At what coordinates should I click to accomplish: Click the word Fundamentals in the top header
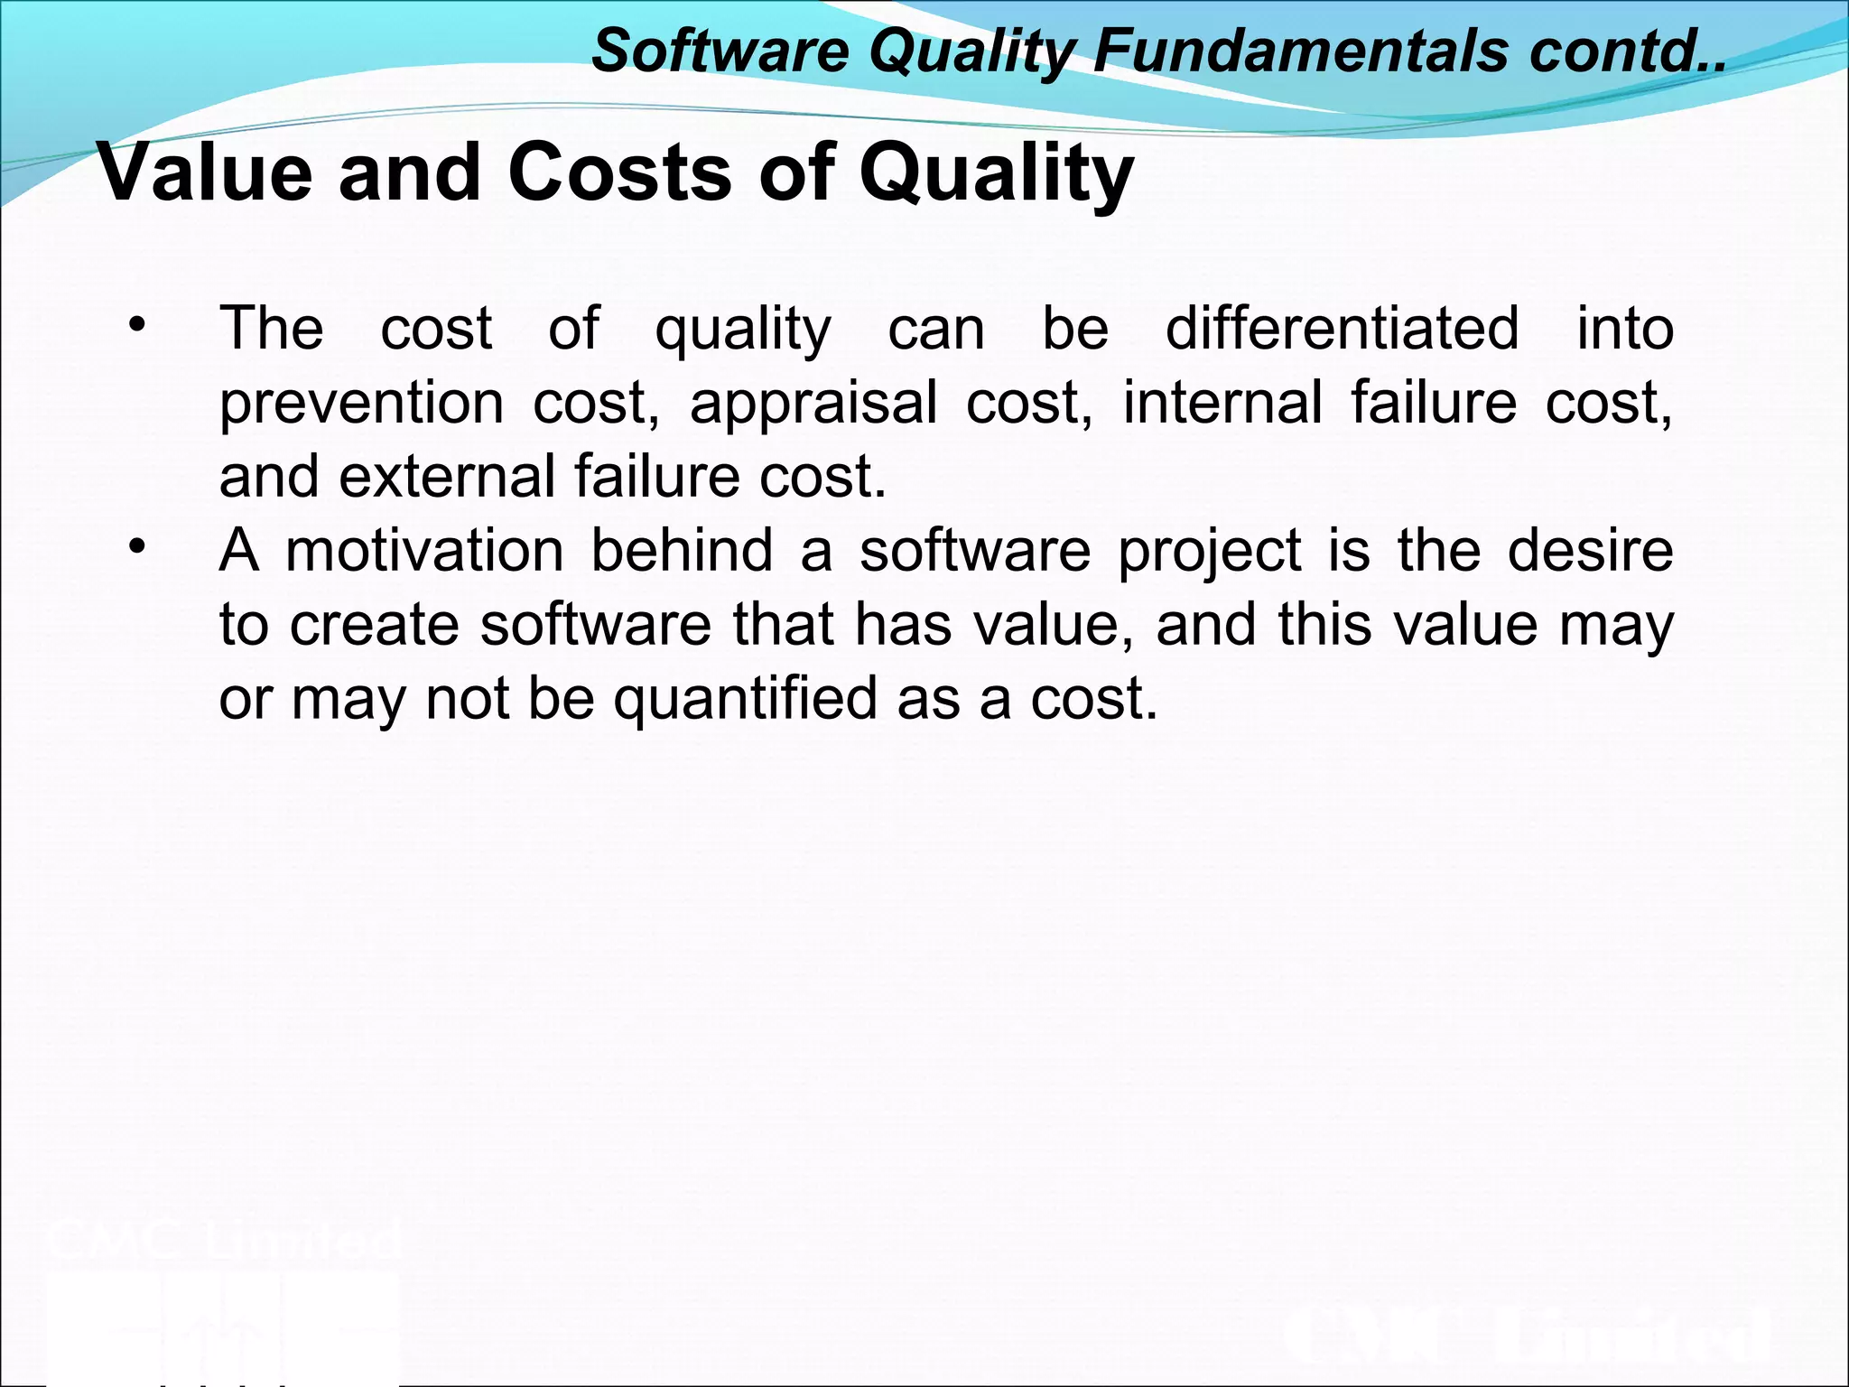click(x=1300, y=51)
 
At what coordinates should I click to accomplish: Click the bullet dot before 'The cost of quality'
click(x=136, y=324)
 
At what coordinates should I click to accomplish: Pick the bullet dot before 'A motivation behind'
click(x=136, y=546)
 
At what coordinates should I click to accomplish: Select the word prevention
click(x=361, y=403)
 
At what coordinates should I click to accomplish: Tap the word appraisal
click(x=813, y=403)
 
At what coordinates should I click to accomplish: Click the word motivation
click(x=424, y=550)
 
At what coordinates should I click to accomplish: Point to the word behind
click(x=682, y=550)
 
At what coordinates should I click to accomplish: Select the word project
click(x=1210, y=552)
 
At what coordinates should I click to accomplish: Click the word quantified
click(x=745, y=700)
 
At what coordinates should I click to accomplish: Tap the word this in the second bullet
click(x=1324, y=624)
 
